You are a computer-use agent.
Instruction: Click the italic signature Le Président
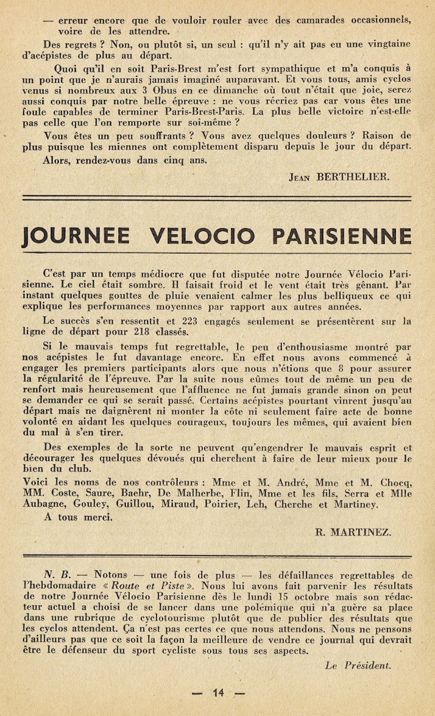click(358, 665)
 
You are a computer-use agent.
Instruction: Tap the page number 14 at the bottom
click(218, 693)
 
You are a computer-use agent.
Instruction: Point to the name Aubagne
click(42, 504)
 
